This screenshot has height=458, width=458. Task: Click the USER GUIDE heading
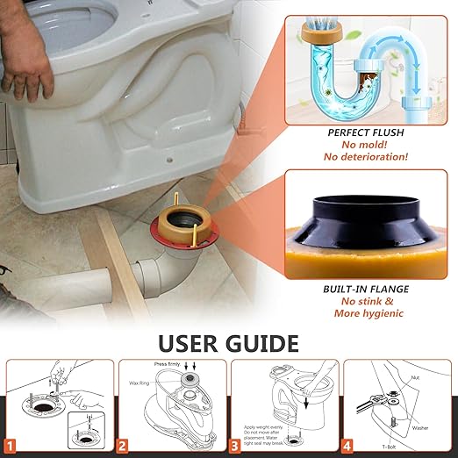pos(229,341)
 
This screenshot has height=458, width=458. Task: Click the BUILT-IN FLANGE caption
pos(360,286)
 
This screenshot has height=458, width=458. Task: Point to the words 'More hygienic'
pos(360,313)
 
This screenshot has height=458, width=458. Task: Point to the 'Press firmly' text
pos(168,363)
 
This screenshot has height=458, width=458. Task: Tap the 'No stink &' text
pos(360,299)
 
